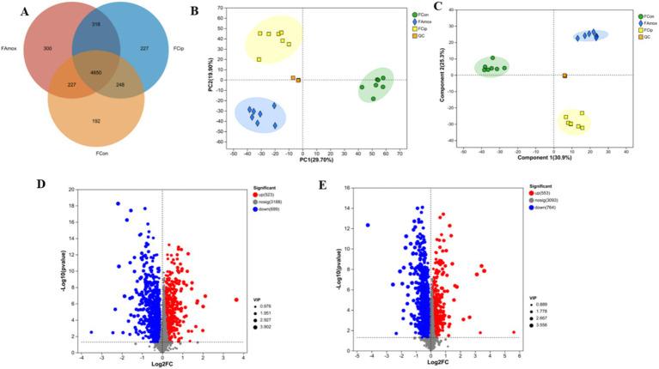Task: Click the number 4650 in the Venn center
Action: pyautogui.click(x=96, y=72)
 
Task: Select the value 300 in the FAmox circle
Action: pyautogui.click(x=47, y=49)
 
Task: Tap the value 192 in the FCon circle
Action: pyautogui.click(x=95, y=122)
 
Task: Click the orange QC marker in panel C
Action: pyautogui.click(x=564, y=76)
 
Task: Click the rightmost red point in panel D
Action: pyautogui.click(x=236, y=299)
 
